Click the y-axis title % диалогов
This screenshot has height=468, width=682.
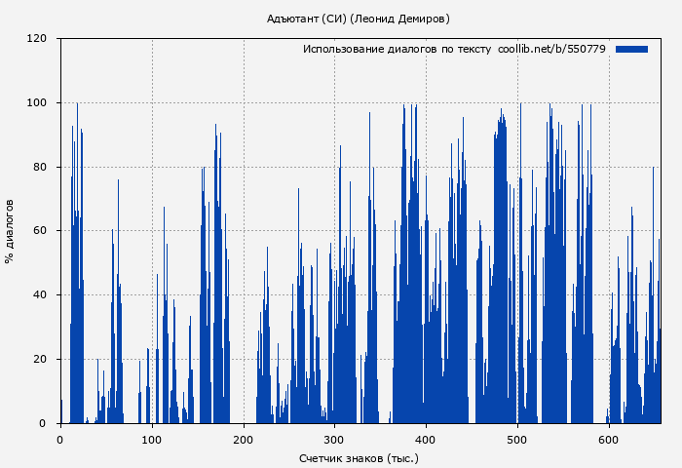(x=11, y=231)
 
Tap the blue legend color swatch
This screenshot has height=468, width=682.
(x=631, y=49)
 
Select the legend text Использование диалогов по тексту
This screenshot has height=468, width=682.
(x=397, y=49)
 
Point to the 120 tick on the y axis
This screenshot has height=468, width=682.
(x=38, y=39)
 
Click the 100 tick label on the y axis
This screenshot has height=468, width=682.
(x=38, y=102)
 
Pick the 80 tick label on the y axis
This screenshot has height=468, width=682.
(x=41, y=167)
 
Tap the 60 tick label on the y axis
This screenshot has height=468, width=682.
(x=41, y=231)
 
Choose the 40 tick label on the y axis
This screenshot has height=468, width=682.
(x=41, y=295)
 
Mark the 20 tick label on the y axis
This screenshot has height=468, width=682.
(x=41, y=360)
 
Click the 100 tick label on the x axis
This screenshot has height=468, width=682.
(x=152, y=440)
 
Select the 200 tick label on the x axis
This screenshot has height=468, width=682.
(x=244, y=440)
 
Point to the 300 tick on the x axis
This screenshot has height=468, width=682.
(x=335, y=440)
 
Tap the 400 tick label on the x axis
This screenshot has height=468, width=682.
(x=426, y=440)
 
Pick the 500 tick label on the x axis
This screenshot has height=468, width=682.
(x=517, y=440)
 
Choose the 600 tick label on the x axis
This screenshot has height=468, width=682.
(x=609, y=440)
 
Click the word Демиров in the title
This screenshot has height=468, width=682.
(x=421, y=19)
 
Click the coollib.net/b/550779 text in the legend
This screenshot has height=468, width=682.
(x=551, y=49)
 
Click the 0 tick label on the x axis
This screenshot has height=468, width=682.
(x=60, y=440)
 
